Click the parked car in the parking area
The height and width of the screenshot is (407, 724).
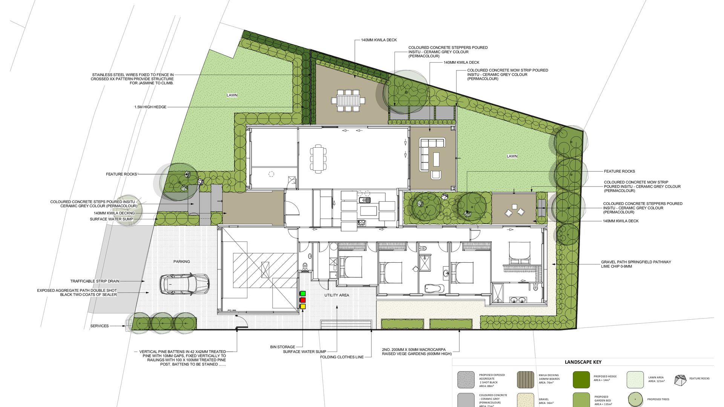pos(184,284)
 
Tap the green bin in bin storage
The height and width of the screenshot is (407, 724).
pos(303,293)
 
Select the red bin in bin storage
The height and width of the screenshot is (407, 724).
pos(303,300)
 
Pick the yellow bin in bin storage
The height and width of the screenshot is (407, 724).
pos(303,306)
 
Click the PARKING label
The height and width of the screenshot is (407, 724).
pos(182,262)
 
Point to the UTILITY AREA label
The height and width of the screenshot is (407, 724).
pos(337,295)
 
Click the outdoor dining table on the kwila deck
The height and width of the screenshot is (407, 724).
pos(348,101)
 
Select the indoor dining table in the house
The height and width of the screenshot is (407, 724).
pos(318,159)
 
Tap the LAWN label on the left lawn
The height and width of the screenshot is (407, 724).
pos(232,95)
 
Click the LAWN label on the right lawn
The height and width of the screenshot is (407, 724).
pos(512,156)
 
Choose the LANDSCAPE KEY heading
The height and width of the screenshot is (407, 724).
pos(583,362)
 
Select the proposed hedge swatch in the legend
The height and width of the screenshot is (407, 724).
pos(581,379)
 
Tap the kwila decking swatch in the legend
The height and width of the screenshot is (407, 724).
pos(526,379)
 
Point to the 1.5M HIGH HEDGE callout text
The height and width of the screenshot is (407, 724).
pos(150,107)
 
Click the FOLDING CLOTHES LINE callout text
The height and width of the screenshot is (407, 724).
pos(342,357)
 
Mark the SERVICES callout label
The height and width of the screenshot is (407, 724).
pos(100,326)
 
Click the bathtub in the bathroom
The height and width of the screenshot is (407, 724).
pos(435,289)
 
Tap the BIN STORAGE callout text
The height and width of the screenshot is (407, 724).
pos(283,347)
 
